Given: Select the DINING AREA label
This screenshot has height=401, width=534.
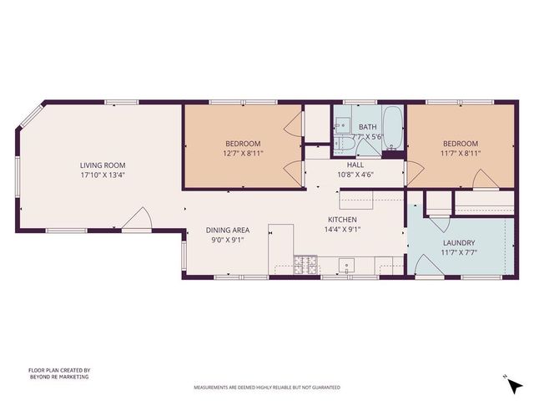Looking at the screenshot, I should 228,230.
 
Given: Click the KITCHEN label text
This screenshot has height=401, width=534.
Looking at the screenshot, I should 342,219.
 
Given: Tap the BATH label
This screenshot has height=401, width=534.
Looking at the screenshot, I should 368,126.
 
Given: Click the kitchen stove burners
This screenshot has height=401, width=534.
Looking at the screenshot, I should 306,266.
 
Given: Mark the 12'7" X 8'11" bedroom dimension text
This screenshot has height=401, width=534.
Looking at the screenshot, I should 242,154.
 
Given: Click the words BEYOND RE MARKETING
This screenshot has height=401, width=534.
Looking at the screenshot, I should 58,377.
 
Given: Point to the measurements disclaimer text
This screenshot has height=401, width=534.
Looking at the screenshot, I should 267,388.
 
